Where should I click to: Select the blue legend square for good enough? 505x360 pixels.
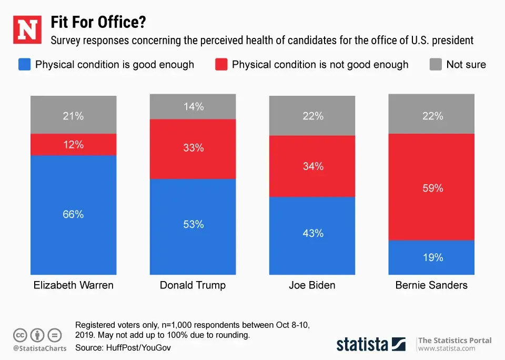[24, 65]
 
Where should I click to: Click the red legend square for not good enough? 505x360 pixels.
[221, 65]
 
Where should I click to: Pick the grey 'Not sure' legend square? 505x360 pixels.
[436, 65]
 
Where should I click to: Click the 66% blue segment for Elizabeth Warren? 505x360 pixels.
[73, 215]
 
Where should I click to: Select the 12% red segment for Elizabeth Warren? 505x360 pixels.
[73, 144]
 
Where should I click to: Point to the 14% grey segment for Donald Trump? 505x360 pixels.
[193, 107]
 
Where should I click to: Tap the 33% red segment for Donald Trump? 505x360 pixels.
[193, 148]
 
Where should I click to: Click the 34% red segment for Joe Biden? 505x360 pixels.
[313, 166]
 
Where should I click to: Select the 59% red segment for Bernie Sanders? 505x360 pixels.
[432, 187]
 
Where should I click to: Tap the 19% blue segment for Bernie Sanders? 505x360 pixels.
[432, 257]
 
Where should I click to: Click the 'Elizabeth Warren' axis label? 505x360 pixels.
[73, 286]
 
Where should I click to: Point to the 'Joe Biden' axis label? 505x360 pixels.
[312, 286]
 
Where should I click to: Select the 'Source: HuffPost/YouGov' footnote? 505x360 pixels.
[123, 348]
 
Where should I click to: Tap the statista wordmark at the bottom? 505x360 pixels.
[362, 345]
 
